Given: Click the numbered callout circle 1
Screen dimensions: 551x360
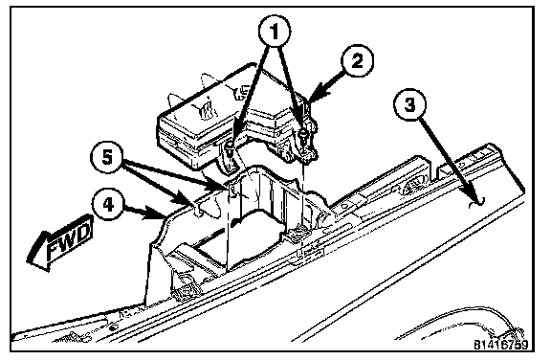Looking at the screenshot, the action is tap(275, 32).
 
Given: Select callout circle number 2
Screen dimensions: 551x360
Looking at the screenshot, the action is tap(357, 61).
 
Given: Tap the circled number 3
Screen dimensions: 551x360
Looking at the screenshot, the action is tap(409, 104).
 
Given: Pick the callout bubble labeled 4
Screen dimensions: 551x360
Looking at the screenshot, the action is tap(108, 204).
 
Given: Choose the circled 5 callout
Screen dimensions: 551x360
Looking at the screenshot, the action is tap(107, 157).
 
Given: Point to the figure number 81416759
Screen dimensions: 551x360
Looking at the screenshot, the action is tap(500, 345).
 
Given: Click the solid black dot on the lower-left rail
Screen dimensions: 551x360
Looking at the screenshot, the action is tap(112, 327).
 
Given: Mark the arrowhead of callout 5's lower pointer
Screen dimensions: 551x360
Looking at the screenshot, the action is tap(186, 198).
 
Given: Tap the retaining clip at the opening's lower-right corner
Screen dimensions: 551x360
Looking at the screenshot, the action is tap(298, 233).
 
